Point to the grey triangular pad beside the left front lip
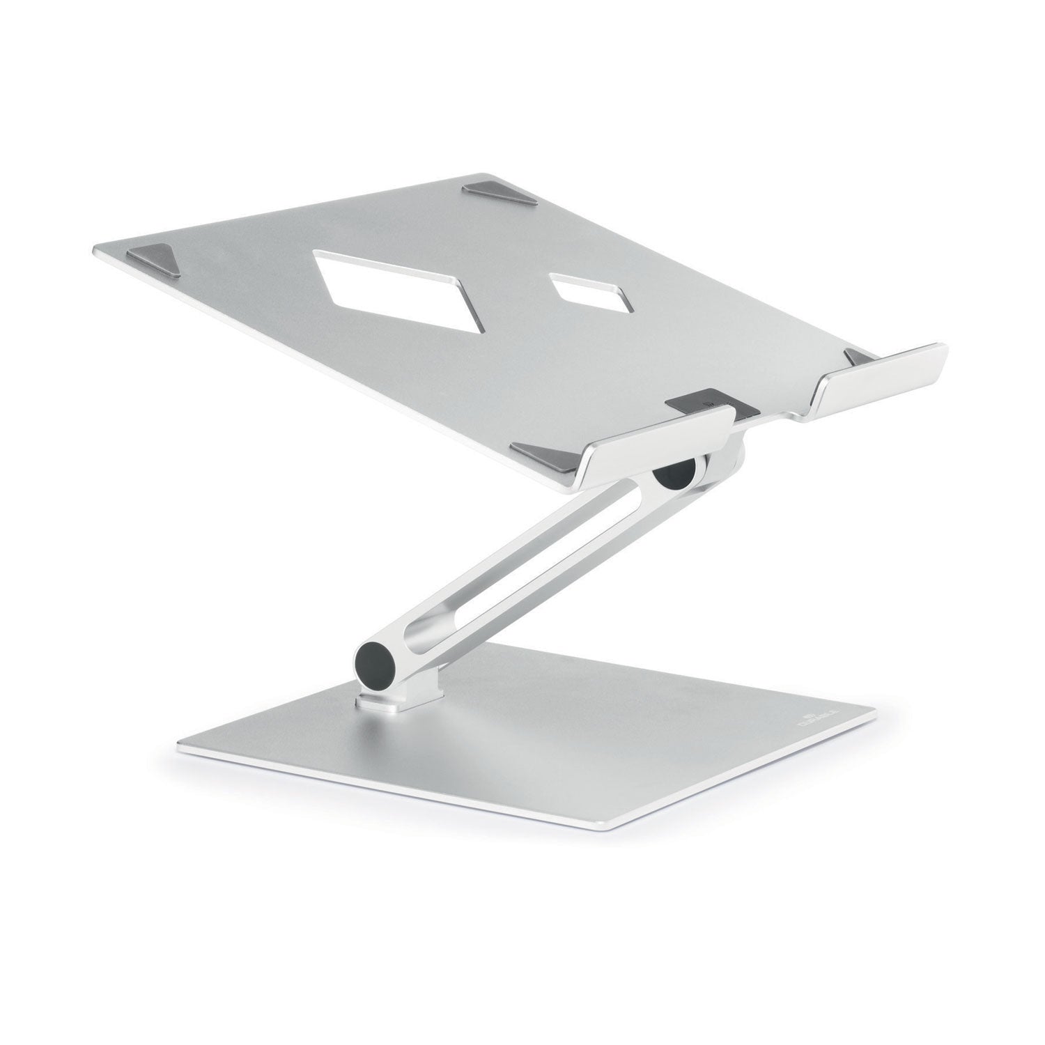click(x=539, y=453)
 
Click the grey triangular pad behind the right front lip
click(x=858, y=357)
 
